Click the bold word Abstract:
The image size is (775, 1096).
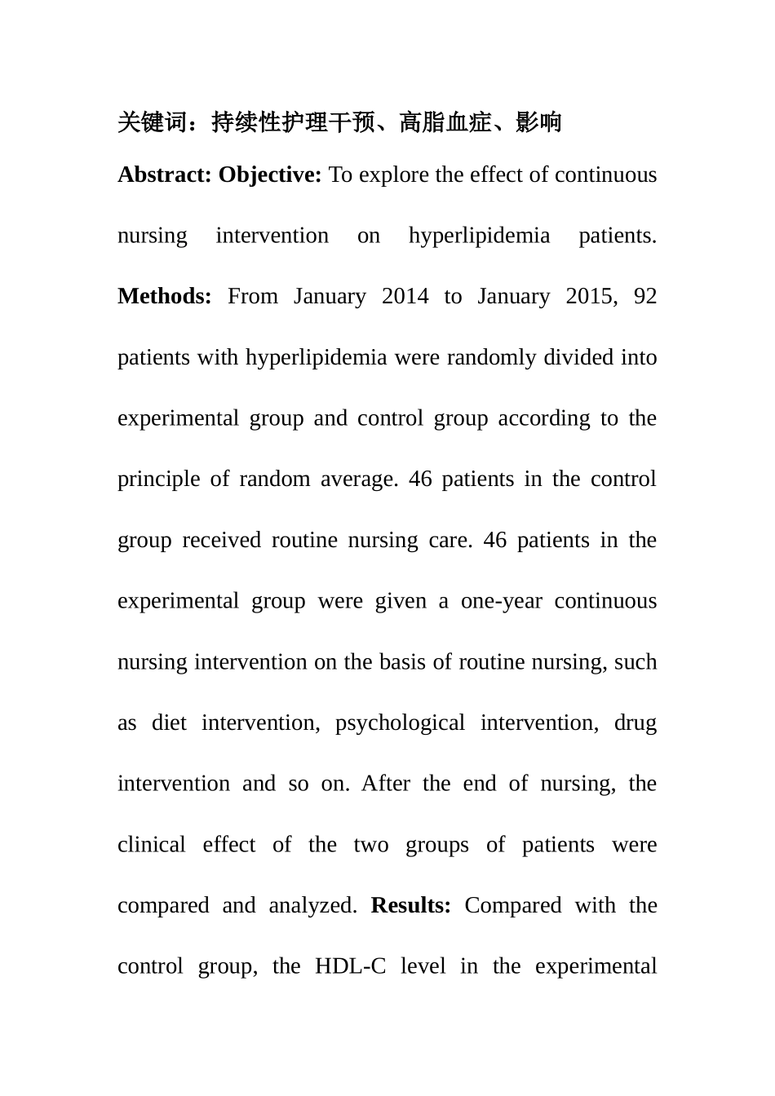click(x=165, y=175)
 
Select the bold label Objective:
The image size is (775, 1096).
click(x=270, y=175)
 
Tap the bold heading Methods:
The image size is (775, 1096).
click(x=165, y=297)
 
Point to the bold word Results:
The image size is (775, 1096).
click(x=411, y=906)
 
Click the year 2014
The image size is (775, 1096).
click(x=405, y=297)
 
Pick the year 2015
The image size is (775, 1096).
click(x=589, y=297)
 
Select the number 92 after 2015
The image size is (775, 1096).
click(x=645, y=297)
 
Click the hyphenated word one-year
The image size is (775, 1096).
click(x=502, y=602)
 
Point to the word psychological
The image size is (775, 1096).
click(x=400, y=723)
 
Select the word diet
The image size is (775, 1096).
click(x=169, y=723)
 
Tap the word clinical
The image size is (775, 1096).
click(x=152, y=845)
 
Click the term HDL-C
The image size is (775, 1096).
click(x=350, y=967)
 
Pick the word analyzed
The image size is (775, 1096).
click(x=313, y=906)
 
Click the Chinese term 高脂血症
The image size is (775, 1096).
click(x=445, y=122)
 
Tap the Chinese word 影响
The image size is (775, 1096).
click(x=539, y=122)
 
